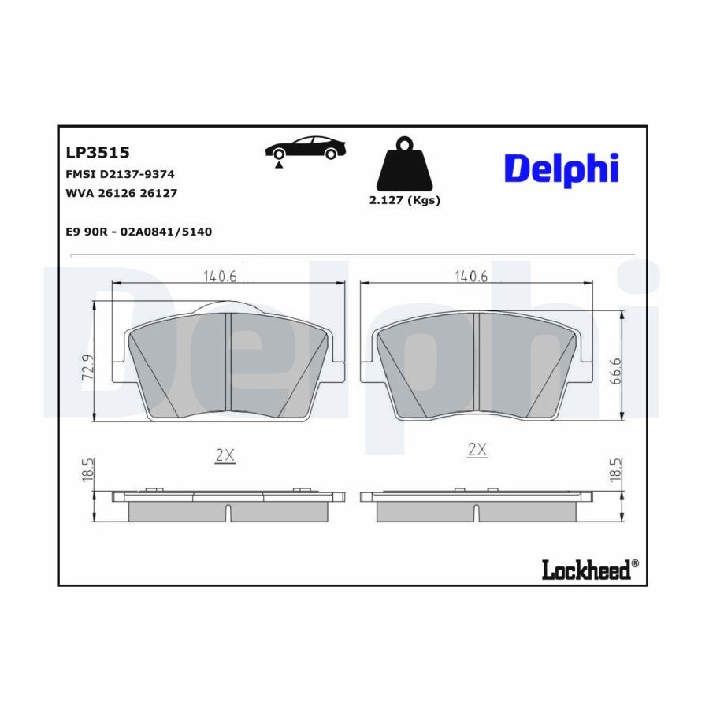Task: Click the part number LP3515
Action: (x=98, y=152)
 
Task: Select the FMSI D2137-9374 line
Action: (x=121, y=174)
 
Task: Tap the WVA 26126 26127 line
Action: (x=121, y=193)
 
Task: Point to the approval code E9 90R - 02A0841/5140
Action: (x=139, y=232)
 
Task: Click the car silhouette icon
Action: (x=306, y=149)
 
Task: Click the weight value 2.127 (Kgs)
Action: (x=405, y=200)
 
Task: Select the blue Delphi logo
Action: (x=562, y=169)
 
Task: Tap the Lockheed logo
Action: (x=590, y=570)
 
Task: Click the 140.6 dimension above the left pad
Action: (x=220, y=277)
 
